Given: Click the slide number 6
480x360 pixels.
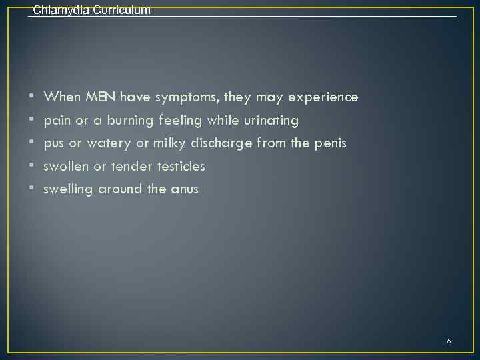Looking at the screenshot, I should coord(449,341).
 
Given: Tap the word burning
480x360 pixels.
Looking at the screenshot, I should coord(131,121).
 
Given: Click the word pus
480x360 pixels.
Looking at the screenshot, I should coord(54,144).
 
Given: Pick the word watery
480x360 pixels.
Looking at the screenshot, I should coord(109,144).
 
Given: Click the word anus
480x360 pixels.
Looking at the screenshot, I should coord(185,189).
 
